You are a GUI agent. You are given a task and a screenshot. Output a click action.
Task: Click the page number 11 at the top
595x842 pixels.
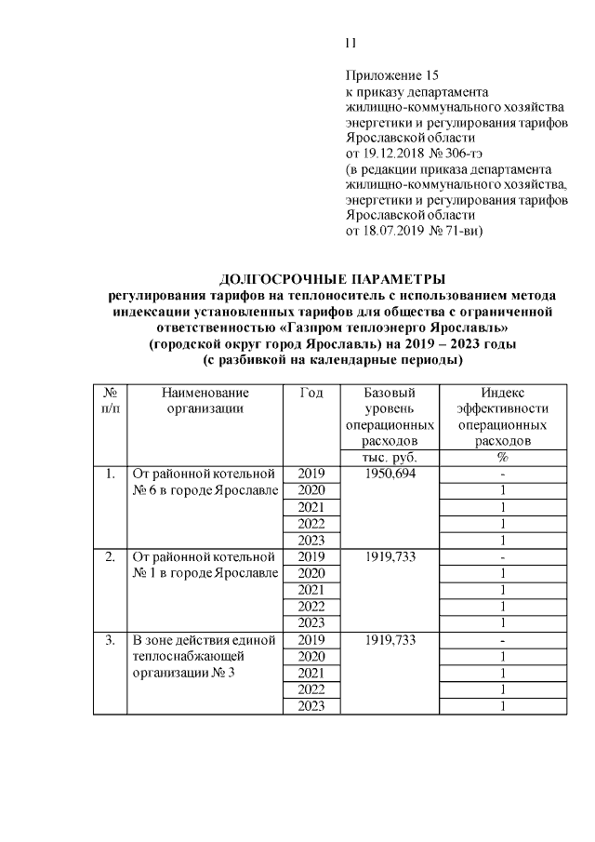coord(350,43)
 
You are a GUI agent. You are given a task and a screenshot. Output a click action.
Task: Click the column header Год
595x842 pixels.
coord(311,394)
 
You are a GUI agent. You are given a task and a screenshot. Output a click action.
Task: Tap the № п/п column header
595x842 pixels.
coord(109,401)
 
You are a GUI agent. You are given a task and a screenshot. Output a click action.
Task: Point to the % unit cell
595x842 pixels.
coord(503,458)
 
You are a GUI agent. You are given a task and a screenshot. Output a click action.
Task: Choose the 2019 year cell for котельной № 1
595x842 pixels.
coord(311,557)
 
